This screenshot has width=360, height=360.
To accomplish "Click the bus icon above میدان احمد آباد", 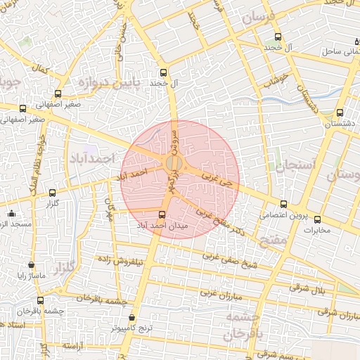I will coord(162,214).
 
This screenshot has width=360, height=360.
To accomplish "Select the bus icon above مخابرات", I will coord(316,219).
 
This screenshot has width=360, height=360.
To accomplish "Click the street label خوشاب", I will coord(276,79).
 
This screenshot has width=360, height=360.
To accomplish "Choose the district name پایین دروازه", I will coord(104,84).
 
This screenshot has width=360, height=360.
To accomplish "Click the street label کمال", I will coord(39,71).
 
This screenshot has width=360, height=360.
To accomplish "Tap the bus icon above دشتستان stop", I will coord(340,112).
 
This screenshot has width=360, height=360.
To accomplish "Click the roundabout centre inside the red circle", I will coord(174,164).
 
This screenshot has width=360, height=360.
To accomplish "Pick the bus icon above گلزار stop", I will coord(52,193).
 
